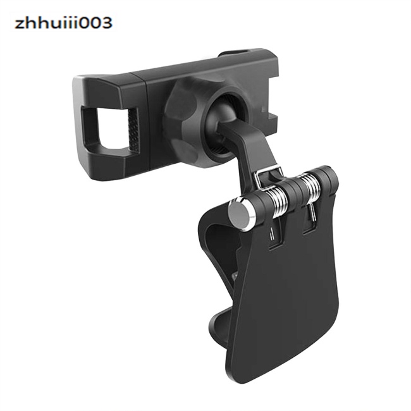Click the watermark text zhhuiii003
[x=64, y=23]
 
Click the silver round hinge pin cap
[x=241, y=214]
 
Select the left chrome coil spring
[x=277, y=202]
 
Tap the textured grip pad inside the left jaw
[x=133, y=130]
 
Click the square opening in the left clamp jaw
[x=111, y=130]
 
